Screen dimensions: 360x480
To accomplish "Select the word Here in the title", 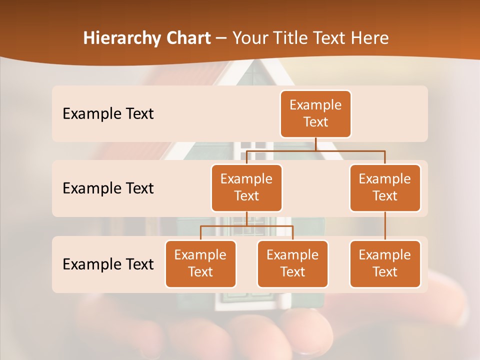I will pos(369,38).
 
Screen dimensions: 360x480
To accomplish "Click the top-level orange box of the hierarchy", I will pos(315,114).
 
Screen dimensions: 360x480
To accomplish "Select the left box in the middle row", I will pos(246,187).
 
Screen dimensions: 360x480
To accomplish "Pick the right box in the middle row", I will pos(385,187).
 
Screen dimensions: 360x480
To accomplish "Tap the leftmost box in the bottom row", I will pos(200,263).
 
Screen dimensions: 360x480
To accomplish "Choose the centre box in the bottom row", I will pos(292,263).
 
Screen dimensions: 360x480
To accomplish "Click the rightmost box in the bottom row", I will pos(385,263).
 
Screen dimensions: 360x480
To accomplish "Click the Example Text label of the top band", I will pos(108,114).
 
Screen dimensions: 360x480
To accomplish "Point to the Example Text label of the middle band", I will pos(108,188).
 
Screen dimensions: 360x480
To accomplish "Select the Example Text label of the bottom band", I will pos(108,264).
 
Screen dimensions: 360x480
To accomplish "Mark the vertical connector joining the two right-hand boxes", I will pos(385,226).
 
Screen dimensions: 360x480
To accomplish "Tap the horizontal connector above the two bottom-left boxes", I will pos(225,226).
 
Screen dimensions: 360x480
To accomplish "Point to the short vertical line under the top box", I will pos(315,144).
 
